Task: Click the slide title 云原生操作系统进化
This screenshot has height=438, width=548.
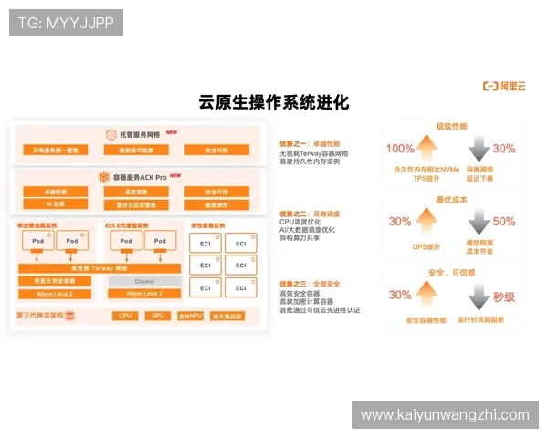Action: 273,102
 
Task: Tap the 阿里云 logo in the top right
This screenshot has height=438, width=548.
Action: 504,87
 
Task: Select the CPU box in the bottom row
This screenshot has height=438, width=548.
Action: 125,315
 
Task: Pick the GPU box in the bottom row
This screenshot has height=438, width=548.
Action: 157,315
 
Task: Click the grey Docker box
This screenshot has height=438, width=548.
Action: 144,281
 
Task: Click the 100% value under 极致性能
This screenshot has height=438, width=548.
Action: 400,149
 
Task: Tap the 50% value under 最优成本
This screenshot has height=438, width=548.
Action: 504,222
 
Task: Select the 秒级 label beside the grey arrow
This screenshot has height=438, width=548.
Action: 505,296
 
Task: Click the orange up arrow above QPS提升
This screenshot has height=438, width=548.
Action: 427,220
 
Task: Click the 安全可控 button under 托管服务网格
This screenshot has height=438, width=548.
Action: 216,150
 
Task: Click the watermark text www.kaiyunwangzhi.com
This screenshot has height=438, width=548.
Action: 445,415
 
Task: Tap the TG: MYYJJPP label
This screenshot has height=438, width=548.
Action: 66,23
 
